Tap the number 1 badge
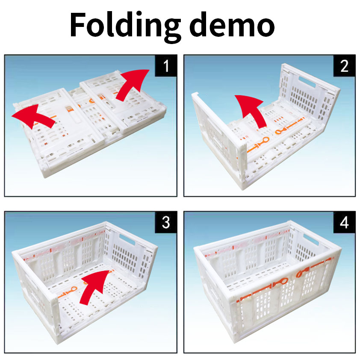pyautogui.click(x=166, y=66)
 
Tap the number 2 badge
pyautogui.click(x=345, y=66)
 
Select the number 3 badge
pyautogui.click(x=166, y=222)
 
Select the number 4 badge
pyautogui.click(x=345, y=222)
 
